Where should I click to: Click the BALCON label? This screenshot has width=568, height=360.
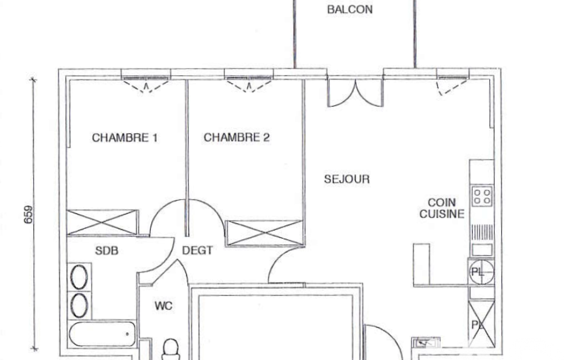tap(350, 9)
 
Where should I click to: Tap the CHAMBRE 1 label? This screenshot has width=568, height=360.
tap(125, 137)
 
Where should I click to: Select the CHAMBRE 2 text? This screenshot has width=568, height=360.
tap(237, 137)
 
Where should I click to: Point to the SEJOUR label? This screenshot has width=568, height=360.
tap(347, 179)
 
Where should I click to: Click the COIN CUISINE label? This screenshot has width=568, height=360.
tap(442, 208)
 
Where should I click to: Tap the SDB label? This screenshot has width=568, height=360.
tap(106, 251)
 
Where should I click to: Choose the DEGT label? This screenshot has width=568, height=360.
tap(197, 250)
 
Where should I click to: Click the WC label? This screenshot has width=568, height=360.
tap(163, 306)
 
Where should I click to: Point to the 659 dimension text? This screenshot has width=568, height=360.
tap(28, 214)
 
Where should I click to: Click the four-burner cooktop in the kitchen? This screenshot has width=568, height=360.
tap(482, 196)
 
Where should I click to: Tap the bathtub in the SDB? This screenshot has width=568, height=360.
tap(102, 334)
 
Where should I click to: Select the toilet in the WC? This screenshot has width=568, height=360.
tap(170, 349)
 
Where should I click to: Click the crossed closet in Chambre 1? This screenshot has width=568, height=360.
tap(103, 223)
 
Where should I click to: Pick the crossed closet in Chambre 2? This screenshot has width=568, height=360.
tap(264, 233)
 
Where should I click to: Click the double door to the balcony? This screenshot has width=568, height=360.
tap(355, 93)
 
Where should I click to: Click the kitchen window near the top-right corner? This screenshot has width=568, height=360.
tap(452, 82)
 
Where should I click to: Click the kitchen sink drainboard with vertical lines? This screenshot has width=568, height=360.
tap(482, 233)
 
